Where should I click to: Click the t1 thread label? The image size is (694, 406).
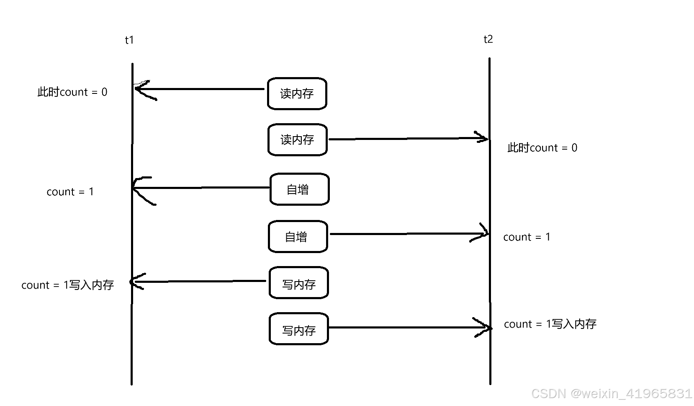[129, 40]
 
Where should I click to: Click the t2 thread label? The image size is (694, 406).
[488, 39]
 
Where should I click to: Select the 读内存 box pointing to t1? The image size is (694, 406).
[297, 93]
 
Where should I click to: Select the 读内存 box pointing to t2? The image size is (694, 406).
[297, 140]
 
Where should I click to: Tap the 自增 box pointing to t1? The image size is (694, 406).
[299, 189]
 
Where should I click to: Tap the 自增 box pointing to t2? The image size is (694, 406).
[298, 237]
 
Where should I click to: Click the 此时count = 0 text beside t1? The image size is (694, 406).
[72, 92]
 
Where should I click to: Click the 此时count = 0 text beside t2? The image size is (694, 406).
[542, 148]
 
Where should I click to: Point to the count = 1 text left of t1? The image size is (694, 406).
[70, 192]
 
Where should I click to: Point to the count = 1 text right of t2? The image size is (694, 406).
[527, 237]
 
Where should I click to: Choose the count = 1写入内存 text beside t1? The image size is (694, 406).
[68, 285]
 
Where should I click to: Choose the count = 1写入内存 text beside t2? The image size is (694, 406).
[550, 324]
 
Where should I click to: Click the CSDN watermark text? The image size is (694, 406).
[611, 393]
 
